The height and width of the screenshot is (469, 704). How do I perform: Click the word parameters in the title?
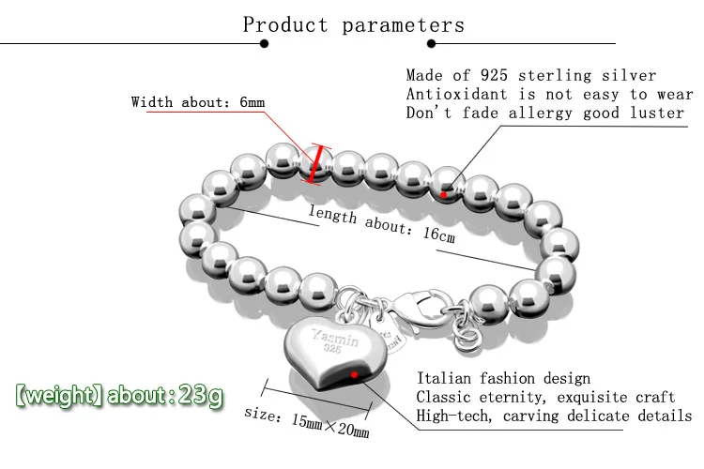403,24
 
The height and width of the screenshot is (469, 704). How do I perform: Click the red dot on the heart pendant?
354,373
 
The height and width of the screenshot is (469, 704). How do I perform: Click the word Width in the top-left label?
151,102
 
